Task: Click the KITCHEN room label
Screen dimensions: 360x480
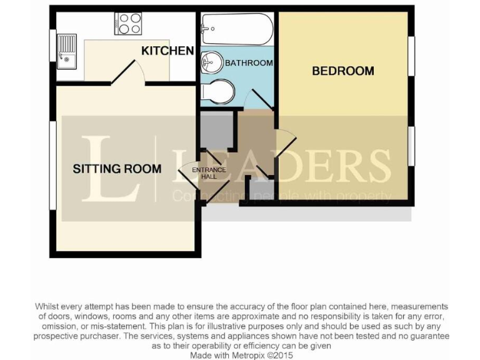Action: tap(167, 51)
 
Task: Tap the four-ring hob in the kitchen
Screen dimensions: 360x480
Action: tap(128, 24)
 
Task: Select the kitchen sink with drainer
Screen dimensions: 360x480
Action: tap(66, 50)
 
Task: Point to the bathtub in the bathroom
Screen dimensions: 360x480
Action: tap(236, 28)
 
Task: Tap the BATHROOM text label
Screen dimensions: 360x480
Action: tap(249, 63)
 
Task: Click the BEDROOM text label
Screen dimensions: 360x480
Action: tap(342, 71)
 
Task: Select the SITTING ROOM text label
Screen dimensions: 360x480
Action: tap(117, 168)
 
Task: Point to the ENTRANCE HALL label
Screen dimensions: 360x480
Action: tap(209, 173)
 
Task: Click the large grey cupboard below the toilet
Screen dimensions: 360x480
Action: tap(215, 131)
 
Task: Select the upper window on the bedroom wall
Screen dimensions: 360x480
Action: tap(412, 56)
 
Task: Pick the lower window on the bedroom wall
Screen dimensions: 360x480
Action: tap(412, 146)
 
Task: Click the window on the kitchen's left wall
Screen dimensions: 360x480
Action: tap(52, 46)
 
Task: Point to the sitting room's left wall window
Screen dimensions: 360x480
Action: tap(52, 165)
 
